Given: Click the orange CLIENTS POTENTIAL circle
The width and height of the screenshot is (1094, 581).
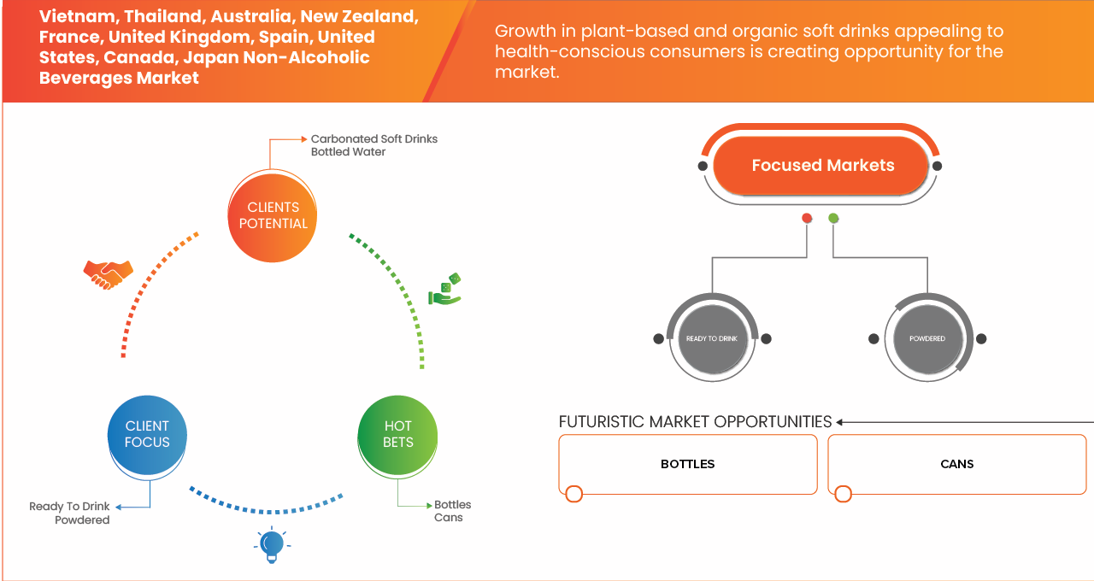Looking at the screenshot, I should [273, 215].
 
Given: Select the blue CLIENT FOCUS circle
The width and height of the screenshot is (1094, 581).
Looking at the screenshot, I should [147, 434].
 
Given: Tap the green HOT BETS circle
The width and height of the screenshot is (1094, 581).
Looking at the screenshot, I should [398, 434].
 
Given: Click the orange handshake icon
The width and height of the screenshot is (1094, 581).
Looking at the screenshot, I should [108, 273].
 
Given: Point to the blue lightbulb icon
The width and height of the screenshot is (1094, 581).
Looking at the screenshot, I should [272, 544].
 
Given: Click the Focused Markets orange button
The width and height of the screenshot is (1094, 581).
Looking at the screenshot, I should [822, 166].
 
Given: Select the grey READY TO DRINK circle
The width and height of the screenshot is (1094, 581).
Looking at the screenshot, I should [711, 338].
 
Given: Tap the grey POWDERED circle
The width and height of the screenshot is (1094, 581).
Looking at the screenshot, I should [926, 338].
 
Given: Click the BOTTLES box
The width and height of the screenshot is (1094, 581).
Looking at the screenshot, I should [687, 464].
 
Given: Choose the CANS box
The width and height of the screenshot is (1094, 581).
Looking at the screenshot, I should [956, 464].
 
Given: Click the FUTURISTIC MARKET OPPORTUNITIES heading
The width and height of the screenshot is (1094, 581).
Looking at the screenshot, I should [695, 422].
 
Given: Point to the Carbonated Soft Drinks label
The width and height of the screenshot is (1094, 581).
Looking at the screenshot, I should [373, 138].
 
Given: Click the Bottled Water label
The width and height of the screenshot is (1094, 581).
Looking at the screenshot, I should [348, 152].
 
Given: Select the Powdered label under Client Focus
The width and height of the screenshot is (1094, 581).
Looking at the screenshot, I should [82, 519].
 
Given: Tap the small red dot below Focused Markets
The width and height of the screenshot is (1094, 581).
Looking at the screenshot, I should [807, 219].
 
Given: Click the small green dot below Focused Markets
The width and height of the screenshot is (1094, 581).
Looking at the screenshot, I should [833, 219].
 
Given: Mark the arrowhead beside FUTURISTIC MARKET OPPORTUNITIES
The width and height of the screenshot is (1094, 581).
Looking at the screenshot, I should [840, 422].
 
